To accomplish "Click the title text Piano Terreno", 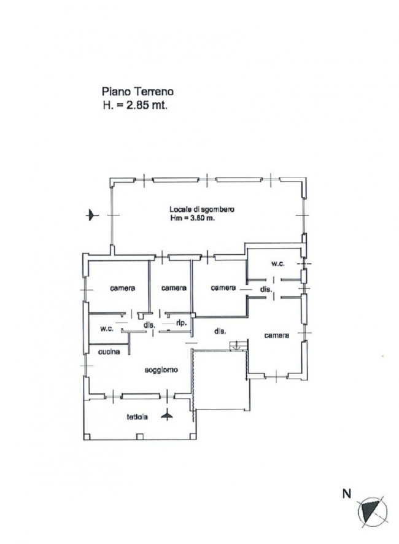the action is click(138, 91).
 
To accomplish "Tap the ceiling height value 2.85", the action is click(138, 105).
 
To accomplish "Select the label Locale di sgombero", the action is click(201, 209).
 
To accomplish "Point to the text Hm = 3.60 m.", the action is click(192, 218).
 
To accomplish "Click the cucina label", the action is click(109, 352).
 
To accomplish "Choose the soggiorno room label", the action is click(161, 370).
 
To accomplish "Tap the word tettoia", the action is click(137, 417).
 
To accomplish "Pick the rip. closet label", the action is click(182, 323).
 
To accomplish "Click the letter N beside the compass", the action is click(347, 494).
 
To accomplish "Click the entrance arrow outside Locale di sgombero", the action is click(92, 215).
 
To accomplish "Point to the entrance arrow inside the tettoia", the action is click(167, 414).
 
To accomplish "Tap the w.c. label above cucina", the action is click(107, 328).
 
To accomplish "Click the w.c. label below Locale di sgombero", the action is click(277, 263).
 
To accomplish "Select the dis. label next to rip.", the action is click(149, 325).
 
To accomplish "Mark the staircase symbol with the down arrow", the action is click(238, 346).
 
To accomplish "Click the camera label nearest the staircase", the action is click(276, 335).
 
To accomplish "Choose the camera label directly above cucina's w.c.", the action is click(123, 288).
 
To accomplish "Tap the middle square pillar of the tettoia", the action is click(140, 437).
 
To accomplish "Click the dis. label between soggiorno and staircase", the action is click(220, 332).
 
